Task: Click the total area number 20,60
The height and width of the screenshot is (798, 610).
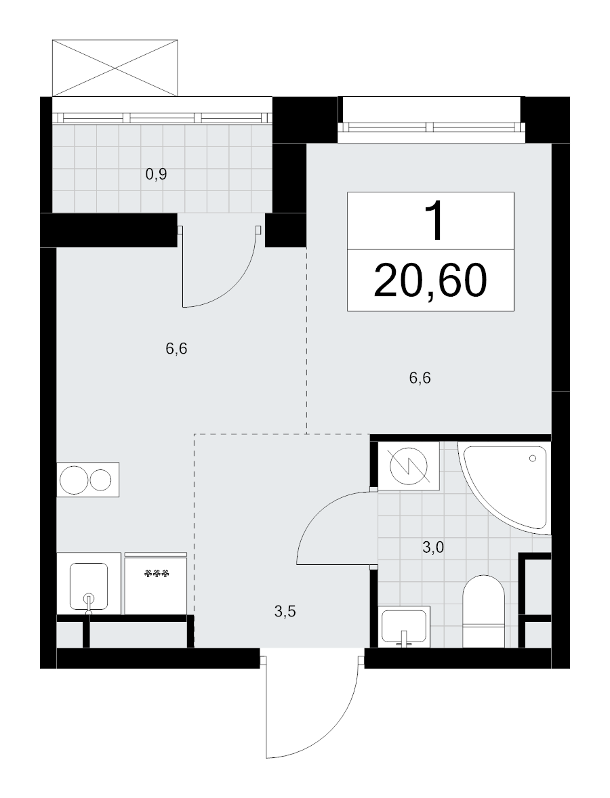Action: coord(430,281)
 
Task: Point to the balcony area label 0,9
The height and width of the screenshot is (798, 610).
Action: coord(157,175)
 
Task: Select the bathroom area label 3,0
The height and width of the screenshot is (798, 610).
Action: coord(433,547)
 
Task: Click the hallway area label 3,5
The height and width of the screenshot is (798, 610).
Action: coord(285,611)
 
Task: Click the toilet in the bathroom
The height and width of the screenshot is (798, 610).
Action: coord(483,611)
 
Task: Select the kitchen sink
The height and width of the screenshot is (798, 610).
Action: coord(89,586)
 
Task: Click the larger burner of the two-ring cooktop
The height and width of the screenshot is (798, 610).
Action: coord(74,480)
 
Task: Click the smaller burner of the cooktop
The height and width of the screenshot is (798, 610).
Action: coord(101,480)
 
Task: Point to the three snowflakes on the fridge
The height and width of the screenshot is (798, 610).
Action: coord(157,574)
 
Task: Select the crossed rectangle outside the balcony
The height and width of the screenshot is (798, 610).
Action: coord(116,68)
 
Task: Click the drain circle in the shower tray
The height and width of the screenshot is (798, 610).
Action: coord(533,459)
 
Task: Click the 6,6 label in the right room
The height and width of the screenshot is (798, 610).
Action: coord(420,378)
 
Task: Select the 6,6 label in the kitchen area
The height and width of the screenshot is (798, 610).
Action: coord(176,349)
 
